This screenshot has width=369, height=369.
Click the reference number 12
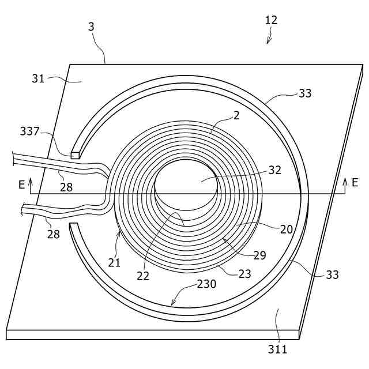click(x=271, y=20)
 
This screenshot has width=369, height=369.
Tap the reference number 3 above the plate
click(x=91, y=27)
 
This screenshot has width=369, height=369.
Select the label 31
click(x=38, y=78)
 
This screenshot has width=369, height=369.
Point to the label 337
click(x=29, y=131)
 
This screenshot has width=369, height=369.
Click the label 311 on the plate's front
click(x=277, y=348)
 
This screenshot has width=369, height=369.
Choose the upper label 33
click(x=305, y=93)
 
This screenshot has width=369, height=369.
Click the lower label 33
click(x=332, y=275)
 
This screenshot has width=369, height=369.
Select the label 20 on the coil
click(x=287, y=229)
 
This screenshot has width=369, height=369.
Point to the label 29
click(x=259, y=255)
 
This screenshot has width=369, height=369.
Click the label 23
click(x=244, y=274)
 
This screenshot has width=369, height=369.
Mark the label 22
click(x=143, y=276)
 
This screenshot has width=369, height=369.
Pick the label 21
click(x=114, y=262)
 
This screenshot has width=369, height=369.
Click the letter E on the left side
click(x=22, y=184)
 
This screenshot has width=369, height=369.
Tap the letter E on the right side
click(x=355, y=183)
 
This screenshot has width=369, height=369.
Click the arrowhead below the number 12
click(x=268, y=41)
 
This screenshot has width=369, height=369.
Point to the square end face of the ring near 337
click(x=74, y=155)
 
